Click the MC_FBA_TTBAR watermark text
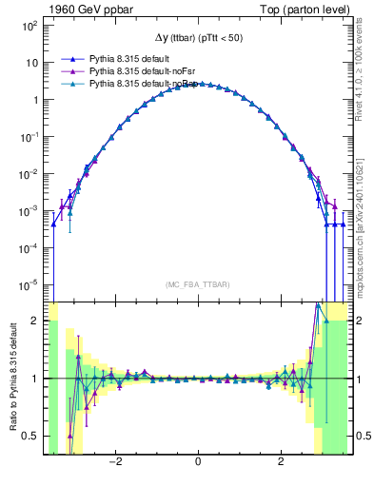pos(198,284)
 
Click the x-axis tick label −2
pos(114,463)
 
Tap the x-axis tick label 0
pos(198,463)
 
